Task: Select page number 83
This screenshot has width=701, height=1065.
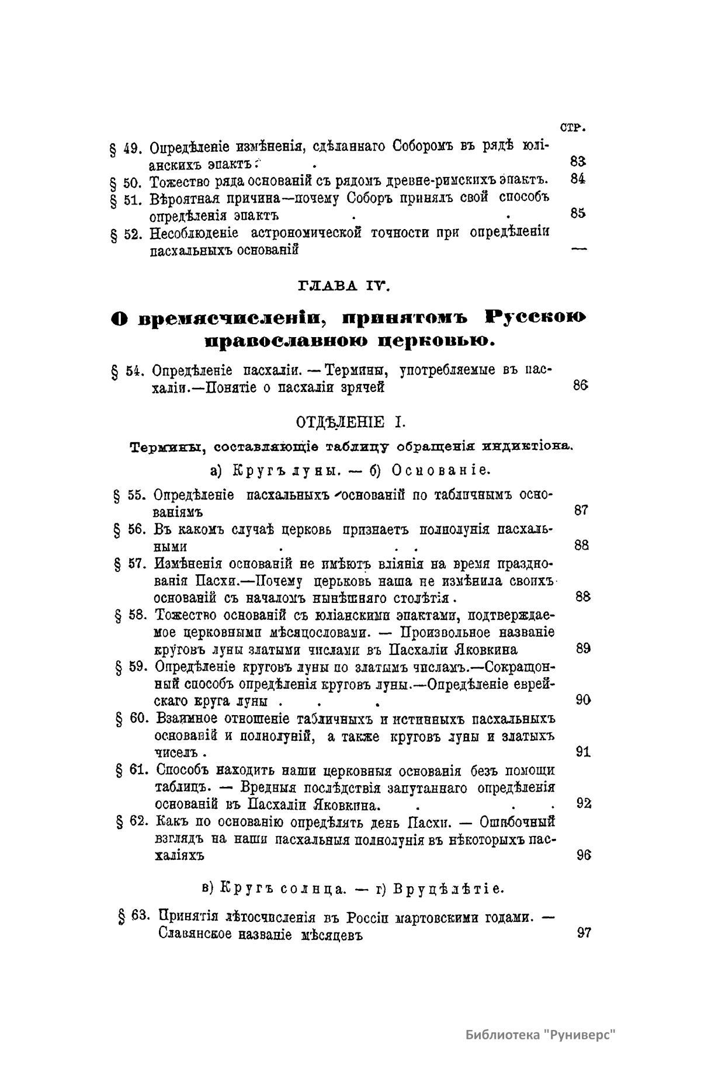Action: (578, 162)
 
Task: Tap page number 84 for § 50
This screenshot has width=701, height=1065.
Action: (578, 179)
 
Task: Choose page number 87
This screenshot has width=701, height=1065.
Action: (581, 510)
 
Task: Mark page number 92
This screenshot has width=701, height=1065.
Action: (584, 804)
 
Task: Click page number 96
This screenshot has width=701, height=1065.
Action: (584, 855)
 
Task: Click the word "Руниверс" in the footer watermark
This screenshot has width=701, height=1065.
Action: (579, 1018)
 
